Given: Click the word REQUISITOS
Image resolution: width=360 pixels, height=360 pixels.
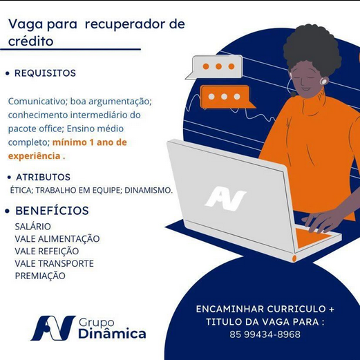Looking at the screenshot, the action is click(x=45, y=73).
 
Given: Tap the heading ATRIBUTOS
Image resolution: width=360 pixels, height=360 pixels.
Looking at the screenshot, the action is click(x=43, y=177).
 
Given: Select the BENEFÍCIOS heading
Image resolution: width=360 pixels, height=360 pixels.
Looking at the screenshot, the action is click(x=52, y=211).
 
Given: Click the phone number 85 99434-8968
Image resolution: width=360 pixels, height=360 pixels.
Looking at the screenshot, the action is click(x=265, y=334).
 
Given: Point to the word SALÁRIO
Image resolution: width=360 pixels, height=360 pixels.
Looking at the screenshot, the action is click(x=32, y=227).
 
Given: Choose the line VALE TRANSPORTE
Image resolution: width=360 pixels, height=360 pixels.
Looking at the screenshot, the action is click(x=55, y=263).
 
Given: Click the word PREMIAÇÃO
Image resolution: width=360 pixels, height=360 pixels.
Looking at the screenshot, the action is click(x=40, y=276).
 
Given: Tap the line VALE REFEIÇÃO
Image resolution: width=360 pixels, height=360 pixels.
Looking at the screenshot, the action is click(x=47, y=251).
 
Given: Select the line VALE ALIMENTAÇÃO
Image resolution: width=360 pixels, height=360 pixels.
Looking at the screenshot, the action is click(x=57, y=239).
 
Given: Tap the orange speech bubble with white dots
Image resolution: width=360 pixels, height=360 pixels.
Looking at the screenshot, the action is click(x=227, y=97).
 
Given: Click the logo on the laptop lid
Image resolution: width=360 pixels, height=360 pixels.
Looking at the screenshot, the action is click(x=225, y=198).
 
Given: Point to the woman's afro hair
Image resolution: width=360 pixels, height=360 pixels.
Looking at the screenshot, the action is click(x=312, y=46).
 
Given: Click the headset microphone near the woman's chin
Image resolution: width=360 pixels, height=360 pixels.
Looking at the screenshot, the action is click(x=294, y=94).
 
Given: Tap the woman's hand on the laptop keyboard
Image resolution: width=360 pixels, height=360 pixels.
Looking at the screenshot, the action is click(x=327, y=221).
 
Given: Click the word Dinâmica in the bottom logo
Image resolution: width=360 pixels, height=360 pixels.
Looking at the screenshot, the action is click(x=112, y=333).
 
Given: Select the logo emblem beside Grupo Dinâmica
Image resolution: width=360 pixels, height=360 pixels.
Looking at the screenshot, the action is click(x=53, y=328).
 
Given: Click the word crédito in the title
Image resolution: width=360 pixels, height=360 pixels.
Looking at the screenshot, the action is click(x=31, y=41).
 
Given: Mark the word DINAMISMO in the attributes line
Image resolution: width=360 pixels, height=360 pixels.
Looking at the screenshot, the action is click(x=149, y=191).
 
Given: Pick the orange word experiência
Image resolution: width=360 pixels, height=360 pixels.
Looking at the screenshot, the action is click(x=35, y=156).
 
